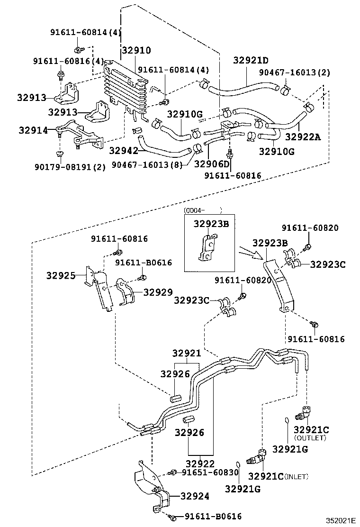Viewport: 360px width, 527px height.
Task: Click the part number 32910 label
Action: pos(136,50)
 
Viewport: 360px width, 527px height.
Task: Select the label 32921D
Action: pos(251,60)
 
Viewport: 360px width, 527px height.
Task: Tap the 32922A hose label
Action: pos(303,137)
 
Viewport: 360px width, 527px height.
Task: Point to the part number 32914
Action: pos(33,129)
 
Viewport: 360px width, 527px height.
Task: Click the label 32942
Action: pos(123,151)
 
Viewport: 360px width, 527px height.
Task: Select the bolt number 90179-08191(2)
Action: pos(70,166)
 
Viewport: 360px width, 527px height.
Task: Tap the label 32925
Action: pos(61,275)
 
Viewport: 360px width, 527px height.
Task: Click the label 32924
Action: pos(194,496)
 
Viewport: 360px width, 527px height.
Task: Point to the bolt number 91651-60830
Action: pos(210,472)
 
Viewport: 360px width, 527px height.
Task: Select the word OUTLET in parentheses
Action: pos(310,438)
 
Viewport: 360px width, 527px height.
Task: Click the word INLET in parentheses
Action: pos(296,476)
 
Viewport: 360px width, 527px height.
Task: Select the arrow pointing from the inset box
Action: pos(250,253)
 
